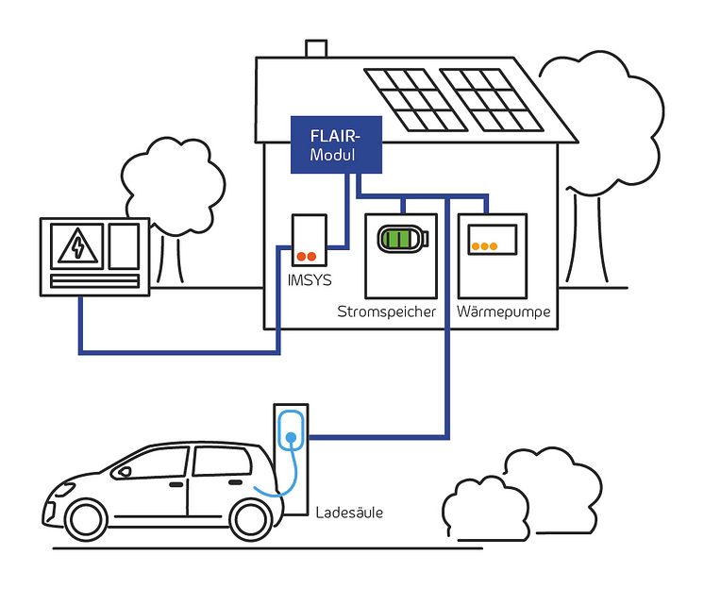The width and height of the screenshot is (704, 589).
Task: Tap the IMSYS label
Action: click(x=309, y=281)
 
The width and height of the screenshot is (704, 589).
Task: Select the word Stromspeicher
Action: click(x=386, y=311)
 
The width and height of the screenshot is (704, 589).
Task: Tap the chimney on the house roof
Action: click(x=314, y=49)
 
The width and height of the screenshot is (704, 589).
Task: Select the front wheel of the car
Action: click(x=86, y=519)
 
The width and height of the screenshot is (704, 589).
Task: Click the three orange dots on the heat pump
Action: click(x=485, y=246)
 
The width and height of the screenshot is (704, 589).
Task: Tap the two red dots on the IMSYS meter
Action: click(x=307, y=256)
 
